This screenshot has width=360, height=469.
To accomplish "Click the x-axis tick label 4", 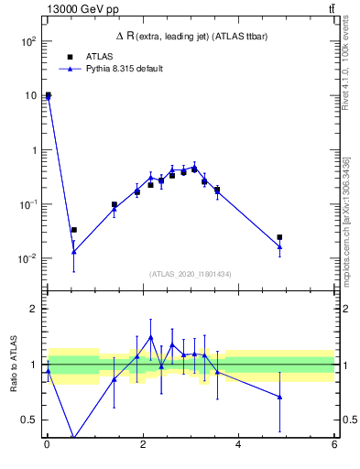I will (238, 446).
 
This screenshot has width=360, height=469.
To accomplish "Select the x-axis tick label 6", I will (334, 446).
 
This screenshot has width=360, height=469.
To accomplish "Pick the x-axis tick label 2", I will (142, 446).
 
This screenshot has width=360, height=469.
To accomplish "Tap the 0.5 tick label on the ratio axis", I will (30, 420).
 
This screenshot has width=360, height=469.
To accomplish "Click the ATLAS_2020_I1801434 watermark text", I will (190, 274).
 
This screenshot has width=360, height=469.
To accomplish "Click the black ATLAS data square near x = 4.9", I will (279, 237).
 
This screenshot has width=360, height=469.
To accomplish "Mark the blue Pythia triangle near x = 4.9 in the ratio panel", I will (279, 397).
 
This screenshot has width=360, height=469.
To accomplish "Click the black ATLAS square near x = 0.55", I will (73, 230).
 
